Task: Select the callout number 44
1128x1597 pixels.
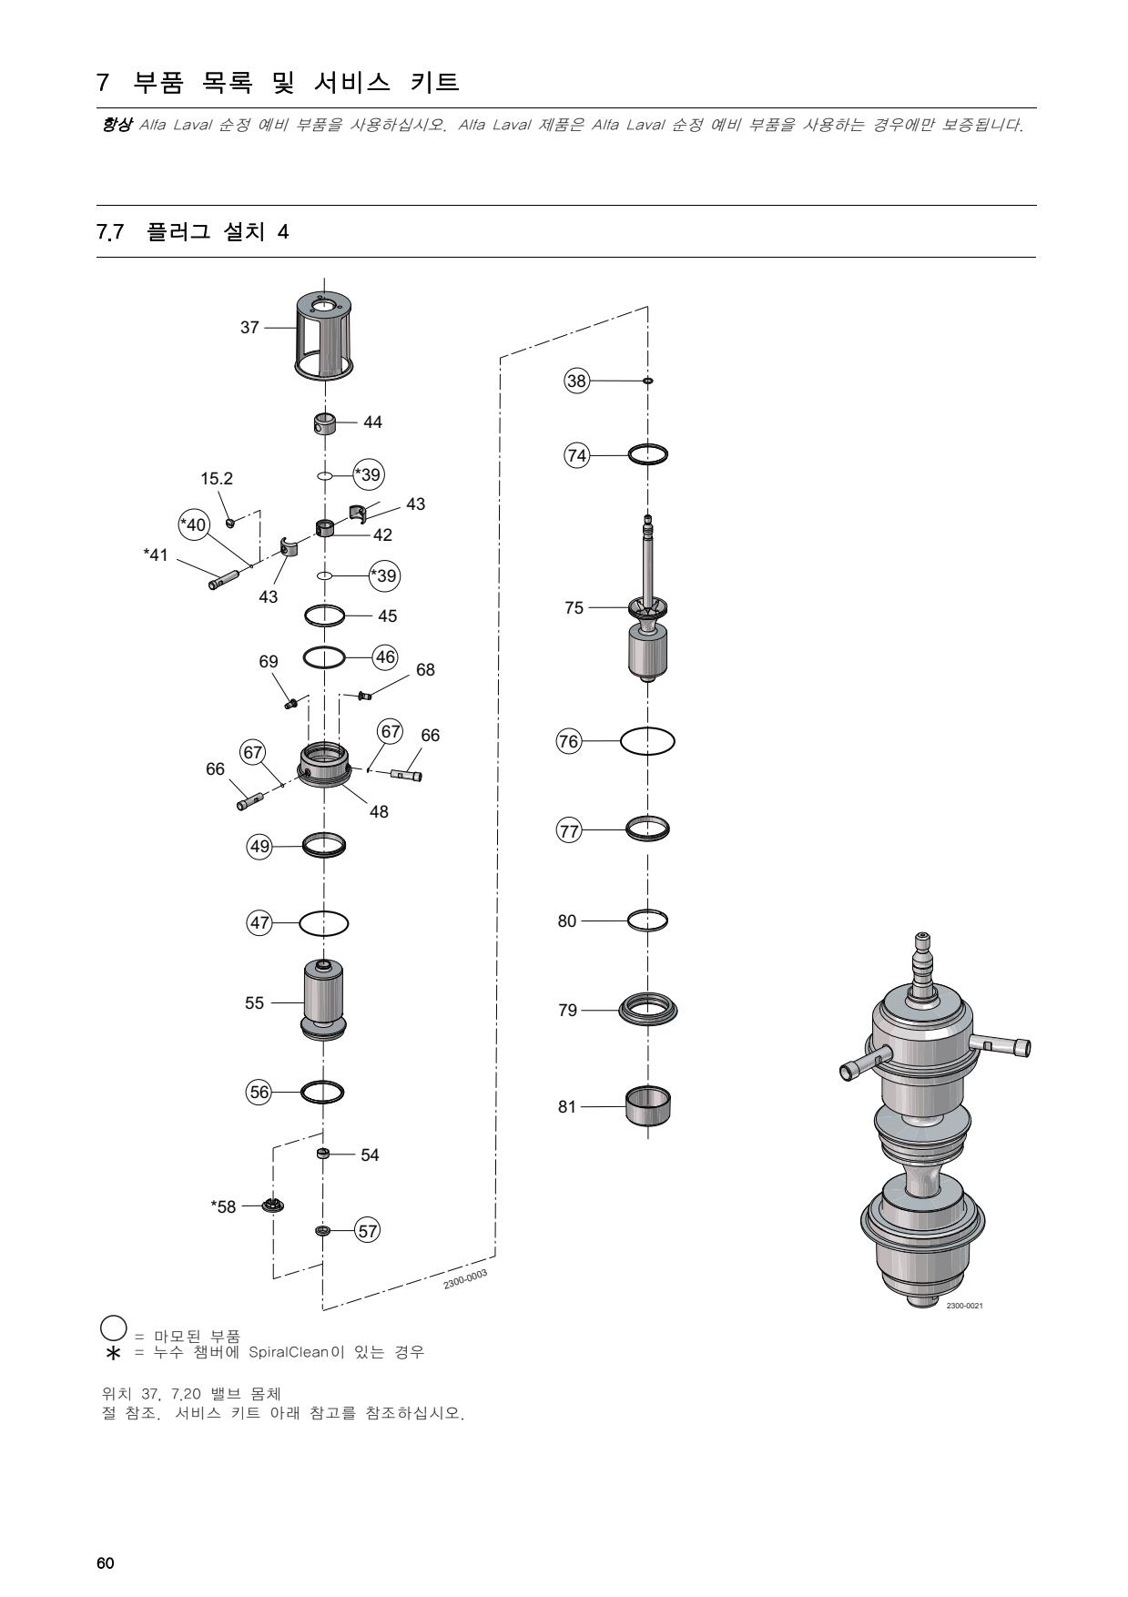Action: tap(372, 422)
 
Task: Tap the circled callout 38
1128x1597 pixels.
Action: tap(577, 381)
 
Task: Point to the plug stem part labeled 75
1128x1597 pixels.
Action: tap(647, 601)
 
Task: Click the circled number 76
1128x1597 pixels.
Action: tap(569, 741)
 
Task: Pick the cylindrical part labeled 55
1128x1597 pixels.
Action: tap(324, 999)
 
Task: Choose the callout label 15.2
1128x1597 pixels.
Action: tap(217, 479)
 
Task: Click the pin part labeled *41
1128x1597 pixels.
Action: tap(224, 579)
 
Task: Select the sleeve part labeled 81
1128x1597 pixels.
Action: tap(647, 1104)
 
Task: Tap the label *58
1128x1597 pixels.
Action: tap(223, 1207)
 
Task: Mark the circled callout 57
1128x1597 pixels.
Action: tap(367, 1231)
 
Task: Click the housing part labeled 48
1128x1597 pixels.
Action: tap(325, 768)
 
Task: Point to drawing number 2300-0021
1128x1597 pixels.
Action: tap(964, 1306)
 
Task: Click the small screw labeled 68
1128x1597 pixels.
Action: tap(364, 697)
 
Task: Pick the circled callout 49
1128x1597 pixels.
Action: tap(260, 847)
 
